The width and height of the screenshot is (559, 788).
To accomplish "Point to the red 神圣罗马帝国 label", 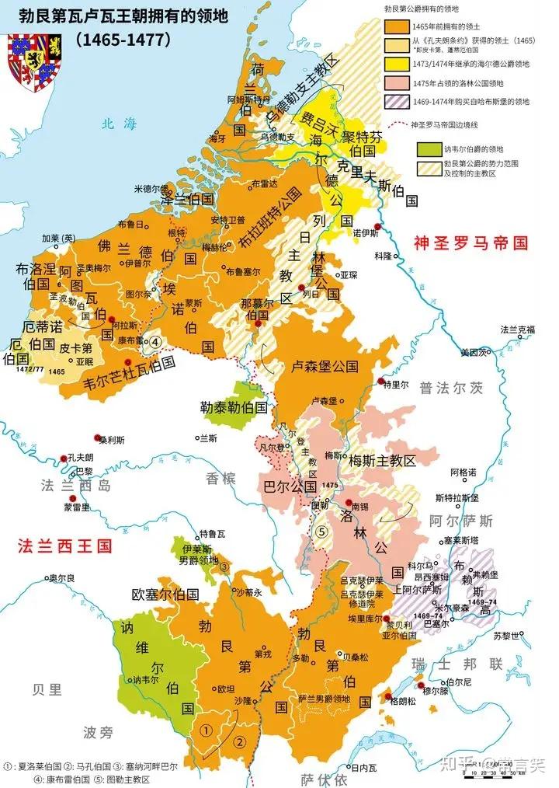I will pos(470,242).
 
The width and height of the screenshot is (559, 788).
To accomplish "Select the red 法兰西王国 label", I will pos(64,545).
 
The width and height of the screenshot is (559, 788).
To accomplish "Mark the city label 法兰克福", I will pos(518,329).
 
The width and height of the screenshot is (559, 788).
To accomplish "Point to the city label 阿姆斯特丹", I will pos(246,100).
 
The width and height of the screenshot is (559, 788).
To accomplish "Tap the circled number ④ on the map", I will pos(155,341).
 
